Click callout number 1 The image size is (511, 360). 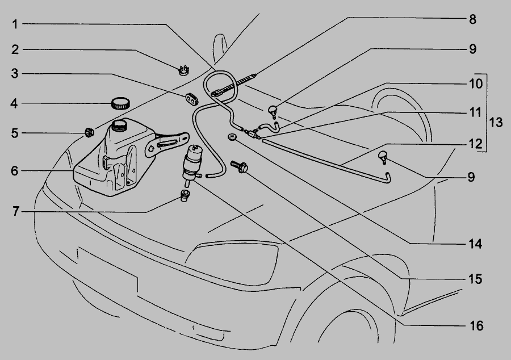(15, 24)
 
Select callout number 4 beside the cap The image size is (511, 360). (14, 104)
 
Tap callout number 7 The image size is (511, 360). (16, 211)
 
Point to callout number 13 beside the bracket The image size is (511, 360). (496, 123)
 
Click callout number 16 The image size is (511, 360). (476, 325)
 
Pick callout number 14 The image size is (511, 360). (475, 244)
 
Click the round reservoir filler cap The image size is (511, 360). (120, 103)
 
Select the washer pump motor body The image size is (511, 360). (192, 163)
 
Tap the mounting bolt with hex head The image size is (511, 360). (240, 166)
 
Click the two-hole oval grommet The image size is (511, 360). (192, 99)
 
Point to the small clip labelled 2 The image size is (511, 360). (185, 70)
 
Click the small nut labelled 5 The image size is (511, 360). (89, 132)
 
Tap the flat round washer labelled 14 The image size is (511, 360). (232, 137)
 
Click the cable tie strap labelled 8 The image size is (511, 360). (234, 85)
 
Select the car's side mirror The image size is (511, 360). (220, 47)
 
